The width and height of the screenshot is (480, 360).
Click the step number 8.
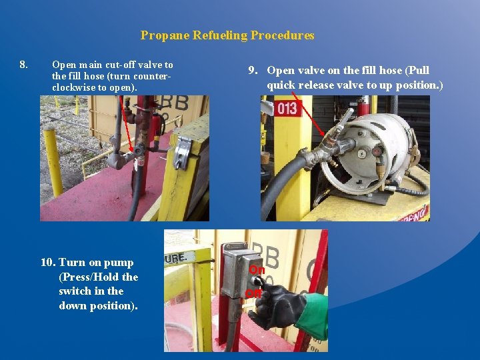(x=24, y=65)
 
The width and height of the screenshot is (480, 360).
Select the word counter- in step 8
(x=156, y=76)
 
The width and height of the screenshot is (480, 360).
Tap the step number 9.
(x=253, y=71)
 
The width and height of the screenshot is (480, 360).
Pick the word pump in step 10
(x=119, y=263)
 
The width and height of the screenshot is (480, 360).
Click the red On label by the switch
(x=257, y=269)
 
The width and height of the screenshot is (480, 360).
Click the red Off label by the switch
(x=253, y=293)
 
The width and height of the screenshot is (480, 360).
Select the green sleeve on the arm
(x=311, y=316)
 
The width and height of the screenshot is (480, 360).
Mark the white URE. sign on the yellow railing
(x=176, y=256)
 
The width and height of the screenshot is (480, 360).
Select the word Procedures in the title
(x=283, y=36)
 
